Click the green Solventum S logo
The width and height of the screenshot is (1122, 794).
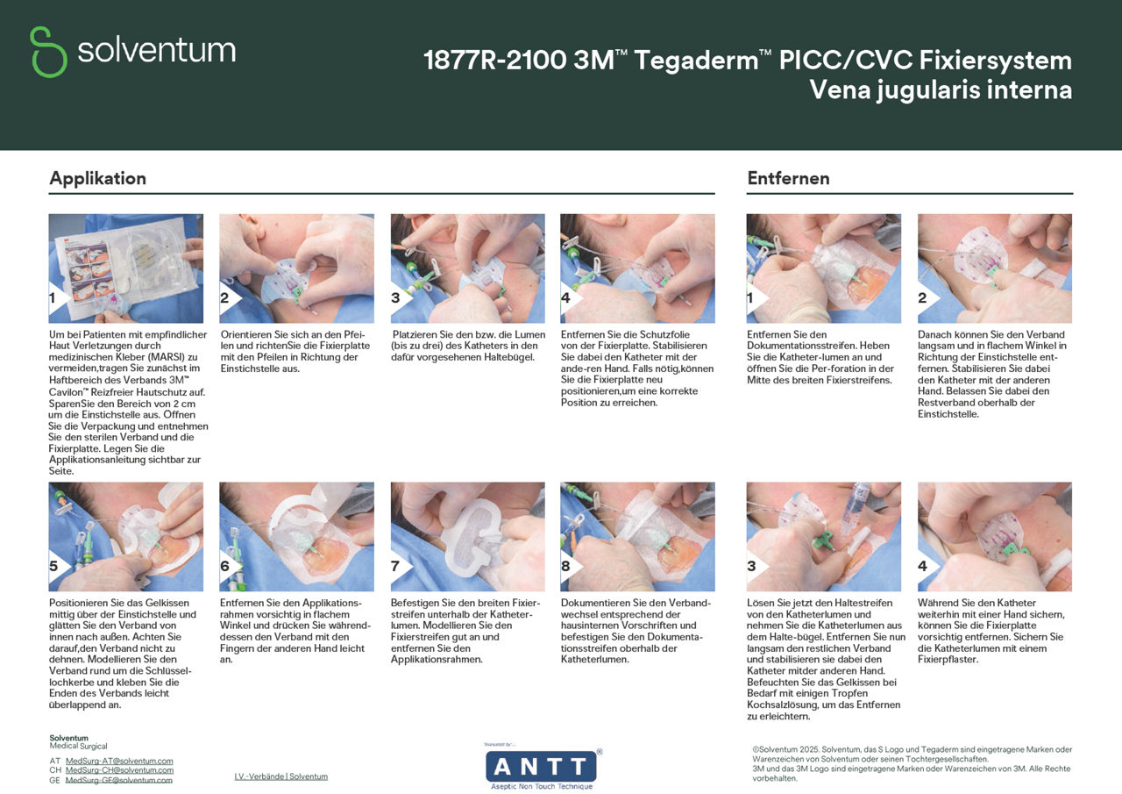pos(48,51)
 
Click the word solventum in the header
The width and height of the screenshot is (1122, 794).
pos(156,50)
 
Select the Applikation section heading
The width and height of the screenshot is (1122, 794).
pos(97,178)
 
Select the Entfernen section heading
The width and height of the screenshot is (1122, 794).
pos(788,178)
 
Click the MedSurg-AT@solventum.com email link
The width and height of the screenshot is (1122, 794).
pos(119,761)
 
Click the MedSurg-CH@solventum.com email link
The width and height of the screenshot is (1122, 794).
pos(119,769)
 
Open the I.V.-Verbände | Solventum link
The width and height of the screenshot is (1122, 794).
pos(280,776)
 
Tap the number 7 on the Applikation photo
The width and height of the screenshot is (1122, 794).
pos(396,567)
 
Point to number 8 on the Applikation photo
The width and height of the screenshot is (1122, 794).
pos(565,567)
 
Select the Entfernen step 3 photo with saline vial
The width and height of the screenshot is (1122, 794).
pos(824,535)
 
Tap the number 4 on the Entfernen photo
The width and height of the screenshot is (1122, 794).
pos(922,567)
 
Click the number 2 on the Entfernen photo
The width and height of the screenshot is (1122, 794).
pos(922,298)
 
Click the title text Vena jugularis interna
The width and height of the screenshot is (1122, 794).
pos(941,89)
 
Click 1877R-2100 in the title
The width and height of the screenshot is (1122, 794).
pos(494,61)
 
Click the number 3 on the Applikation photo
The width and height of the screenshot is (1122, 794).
pos(396,298)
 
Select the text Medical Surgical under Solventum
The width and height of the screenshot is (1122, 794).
pos(78,747)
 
